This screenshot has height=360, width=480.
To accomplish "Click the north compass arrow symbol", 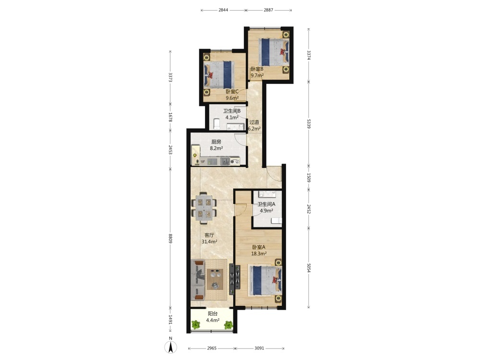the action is pos(170,347).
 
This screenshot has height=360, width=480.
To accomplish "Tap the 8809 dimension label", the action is pos(170,239).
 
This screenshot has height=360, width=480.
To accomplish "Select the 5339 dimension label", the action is pos(309,124).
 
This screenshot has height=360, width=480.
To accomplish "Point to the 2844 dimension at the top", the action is pos(223,10).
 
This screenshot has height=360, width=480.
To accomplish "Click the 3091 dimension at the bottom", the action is pos(259,348).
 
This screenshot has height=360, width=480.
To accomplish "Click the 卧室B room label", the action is pos(257,69).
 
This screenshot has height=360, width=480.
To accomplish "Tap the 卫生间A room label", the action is pos(266,204).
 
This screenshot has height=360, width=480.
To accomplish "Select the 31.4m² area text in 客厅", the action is pos(209,241).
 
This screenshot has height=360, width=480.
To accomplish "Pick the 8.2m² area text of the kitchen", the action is pos(216,148).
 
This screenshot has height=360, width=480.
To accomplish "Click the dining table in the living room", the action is pos(204,208).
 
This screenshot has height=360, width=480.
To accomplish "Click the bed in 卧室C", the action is pos(219,75).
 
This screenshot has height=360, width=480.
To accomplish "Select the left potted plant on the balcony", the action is pos(195,324).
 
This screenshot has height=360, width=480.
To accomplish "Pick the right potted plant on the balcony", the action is pos(228,324).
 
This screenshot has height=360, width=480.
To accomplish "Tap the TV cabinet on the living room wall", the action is pos(235,277).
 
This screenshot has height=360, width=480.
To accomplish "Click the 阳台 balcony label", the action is pos(213,313).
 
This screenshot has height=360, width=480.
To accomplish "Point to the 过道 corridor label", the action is pos(254,122).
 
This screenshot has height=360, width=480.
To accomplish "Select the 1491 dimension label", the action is pos(170,320).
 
